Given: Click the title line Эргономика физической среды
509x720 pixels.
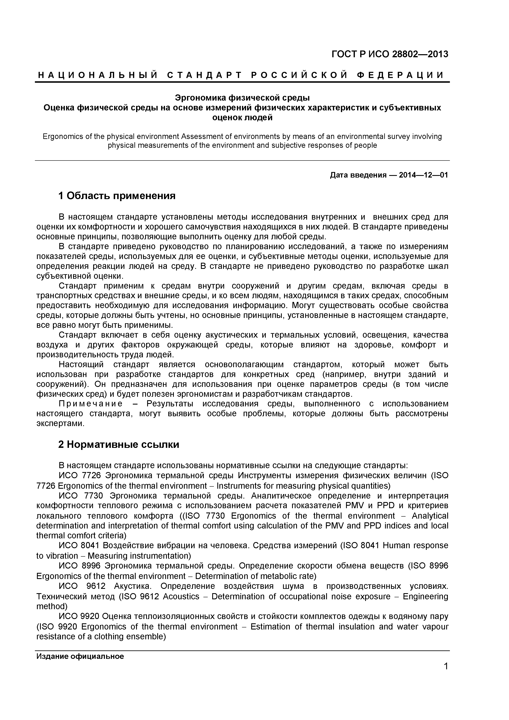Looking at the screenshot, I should coord(242,98).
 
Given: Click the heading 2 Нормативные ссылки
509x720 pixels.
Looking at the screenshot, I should coord(119,444).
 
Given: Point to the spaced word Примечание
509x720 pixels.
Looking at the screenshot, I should coord(91,404).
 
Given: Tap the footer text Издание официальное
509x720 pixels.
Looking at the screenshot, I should coord(80,656).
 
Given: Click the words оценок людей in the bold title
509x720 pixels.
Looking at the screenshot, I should coord(242,118).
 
